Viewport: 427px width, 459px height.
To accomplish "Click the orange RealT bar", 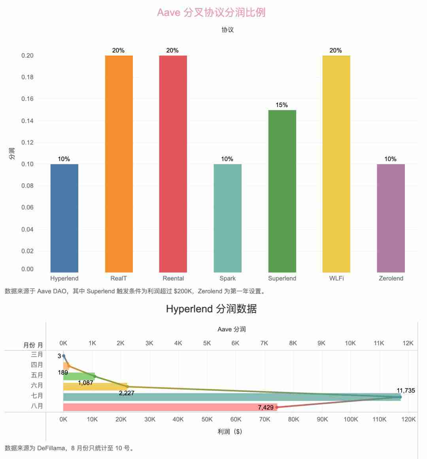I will click(x=119, y=164).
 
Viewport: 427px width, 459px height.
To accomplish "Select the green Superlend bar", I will click(x=282, y=191).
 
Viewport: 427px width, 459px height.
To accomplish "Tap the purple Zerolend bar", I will click(x=391, y=218).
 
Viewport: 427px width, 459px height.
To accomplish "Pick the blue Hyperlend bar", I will click(x=64, y=218).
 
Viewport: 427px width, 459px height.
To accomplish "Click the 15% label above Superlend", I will click(x=282, y=105).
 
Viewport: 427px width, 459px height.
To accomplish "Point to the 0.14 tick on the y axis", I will click(x=27, y=120).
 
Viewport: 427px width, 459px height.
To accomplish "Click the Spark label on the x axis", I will click(x=227, y=278).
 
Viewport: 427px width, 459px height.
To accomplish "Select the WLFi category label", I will click(x=336, y=278).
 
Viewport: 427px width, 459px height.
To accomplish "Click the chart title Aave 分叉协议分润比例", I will click(x=211, y=12).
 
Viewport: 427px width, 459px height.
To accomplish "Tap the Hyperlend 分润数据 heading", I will click(x=211, y=309).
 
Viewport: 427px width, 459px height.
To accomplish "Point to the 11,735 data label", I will click(x=406, y=391).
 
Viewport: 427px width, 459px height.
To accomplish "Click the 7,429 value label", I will click(x=266, y=407).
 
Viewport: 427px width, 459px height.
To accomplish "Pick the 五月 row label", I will click(x=37, y=375).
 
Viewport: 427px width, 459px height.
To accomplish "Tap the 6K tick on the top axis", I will click(x=235, y=343).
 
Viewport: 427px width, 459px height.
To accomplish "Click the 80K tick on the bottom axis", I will click(x=293, y=419).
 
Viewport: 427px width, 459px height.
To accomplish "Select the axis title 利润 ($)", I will click(x=230, y=431).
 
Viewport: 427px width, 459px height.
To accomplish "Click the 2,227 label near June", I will click(x=127, y=393).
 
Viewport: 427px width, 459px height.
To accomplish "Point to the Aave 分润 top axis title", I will click(x=232, y=329).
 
